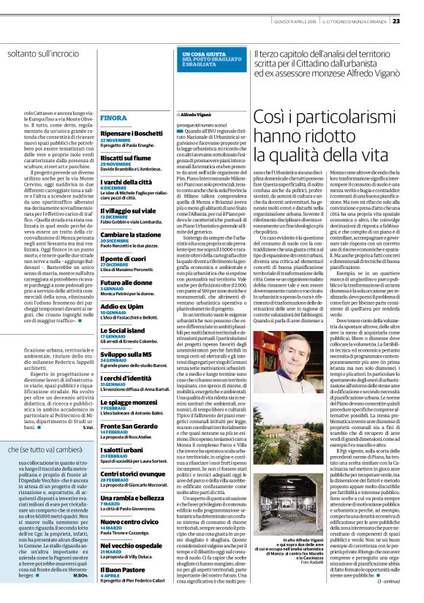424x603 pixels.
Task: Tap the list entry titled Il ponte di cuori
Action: pyautogui.click(x=120, y=259)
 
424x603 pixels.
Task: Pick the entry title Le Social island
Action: pyautogui.click(x=122, y=330)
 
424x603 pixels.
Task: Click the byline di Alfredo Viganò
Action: pyautogui.click(x=193, y=115)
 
